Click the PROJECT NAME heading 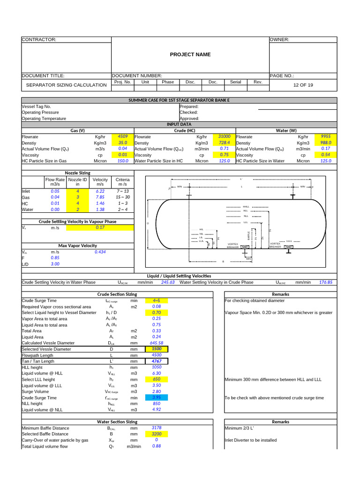pos(190,55)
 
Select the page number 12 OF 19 pos(303,85)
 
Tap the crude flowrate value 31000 pos(224,136)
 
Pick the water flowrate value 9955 pos(325,136)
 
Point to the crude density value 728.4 pos(224,142)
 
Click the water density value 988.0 pos(325,142)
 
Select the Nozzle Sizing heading pos(77,173)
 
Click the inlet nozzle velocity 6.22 pos(100,191)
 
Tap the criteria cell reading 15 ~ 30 pos(123,197)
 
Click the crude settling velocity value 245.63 pos(167,282)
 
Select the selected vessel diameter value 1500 pos(156,349)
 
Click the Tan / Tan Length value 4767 pos(156,361)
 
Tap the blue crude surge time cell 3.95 pos(156,397)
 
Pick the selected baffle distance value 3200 pos(156,434)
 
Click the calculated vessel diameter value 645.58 pos(156,343)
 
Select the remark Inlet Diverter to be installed pos(250,440)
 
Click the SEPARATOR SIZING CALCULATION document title pos(66,85)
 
